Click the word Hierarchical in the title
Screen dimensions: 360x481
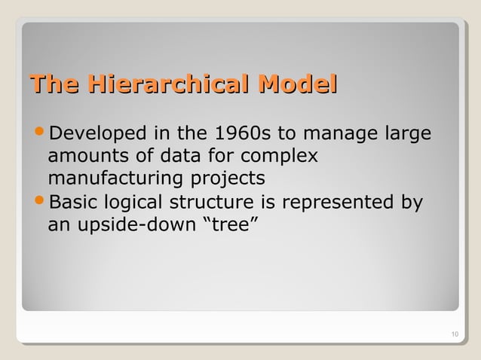click(170, 85)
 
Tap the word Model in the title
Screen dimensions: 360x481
click(297, 85)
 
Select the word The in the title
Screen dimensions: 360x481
click(53, 85)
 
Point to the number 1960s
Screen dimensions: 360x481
click(244, 136)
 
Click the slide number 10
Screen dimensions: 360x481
click(452, 334)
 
